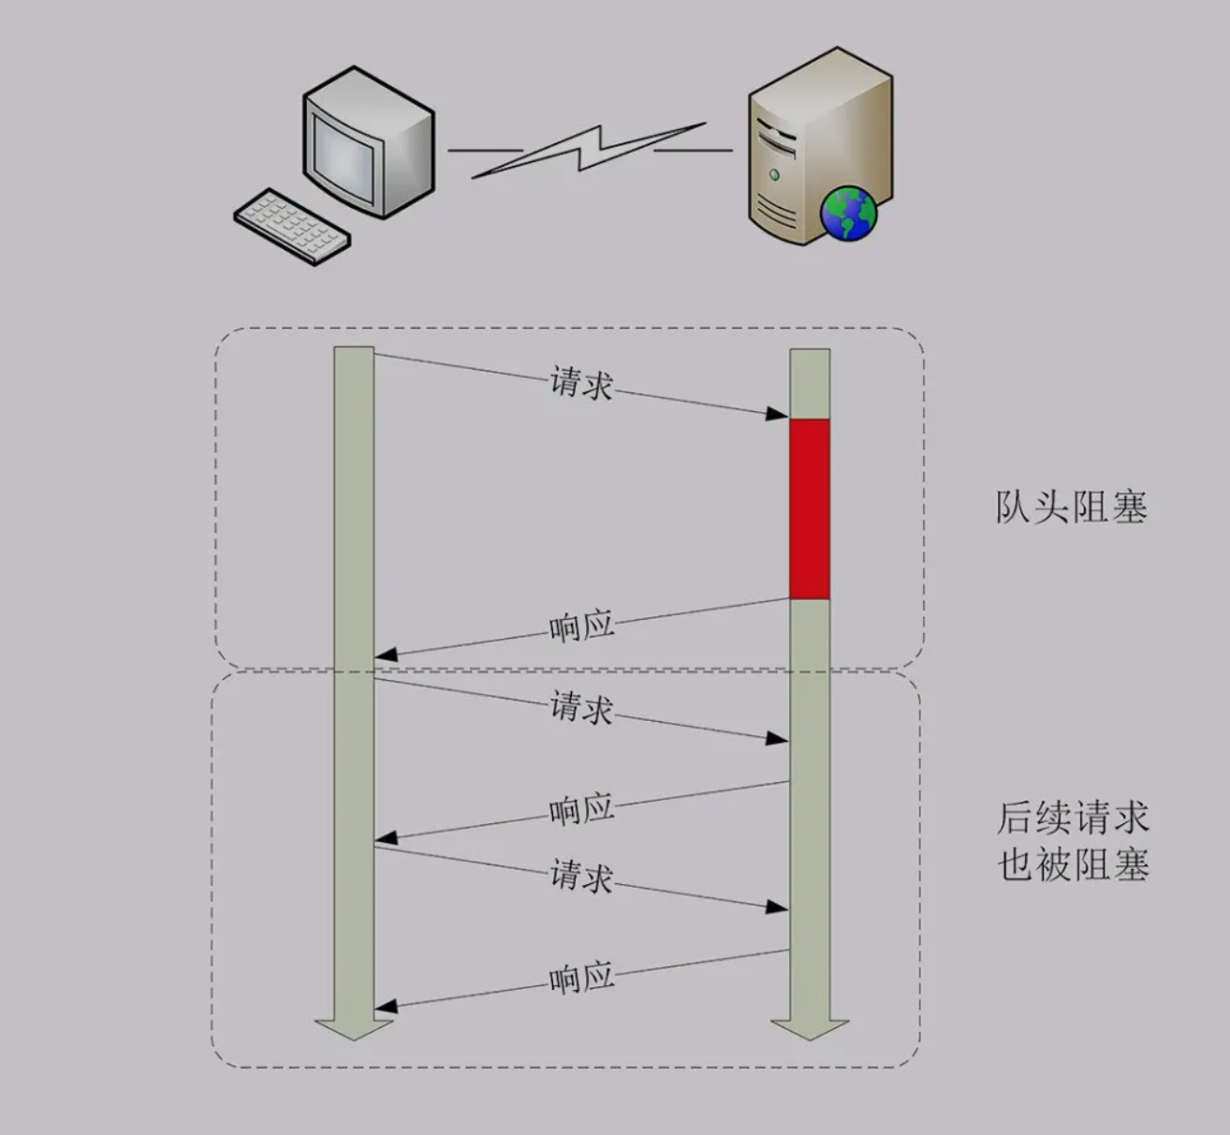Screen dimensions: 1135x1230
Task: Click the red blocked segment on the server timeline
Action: pyautogui.click(x=810, y=509)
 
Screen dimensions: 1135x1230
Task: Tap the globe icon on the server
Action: pyautogui.click(x=849, y=213)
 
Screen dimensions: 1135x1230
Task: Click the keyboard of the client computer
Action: pyautogui.click(x=292, y=225)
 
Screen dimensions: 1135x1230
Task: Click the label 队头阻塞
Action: pyautogui.click(x=1071, y=508)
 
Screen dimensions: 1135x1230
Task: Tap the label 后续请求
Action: pyautogui.click(x=1072, y=818)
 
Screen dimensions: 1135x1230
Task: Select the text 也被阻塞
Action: pyautogui.click(x=1072, y=864)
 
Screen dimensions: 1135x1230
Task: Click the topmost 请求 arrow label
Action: pyautogui.click(x=581, y=382)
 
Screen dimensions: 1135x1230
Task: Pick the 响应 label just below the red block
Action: pyautogui.click(x=581, y=626)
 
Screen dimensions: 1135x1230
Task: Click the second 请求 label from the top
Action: pyautogui.click(x=581, y=707)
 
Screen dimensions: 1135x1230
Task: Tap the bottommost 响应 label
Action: pyautogui.click(x=581, y=979)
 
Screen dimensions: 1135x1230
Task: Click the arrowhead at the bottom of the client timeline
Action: pyautogui.click(x=354, y=1028)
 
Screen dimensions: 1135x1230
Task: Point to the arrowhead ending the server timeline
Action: pyautogui.click(x=810, y=1028)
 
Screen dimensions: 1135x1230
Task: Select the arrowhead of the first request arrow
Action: pyautogui.click(x=778, y=413)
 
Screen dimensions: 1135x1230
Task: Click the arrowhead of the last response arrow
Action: pyautogui.click(x=386, y=1007)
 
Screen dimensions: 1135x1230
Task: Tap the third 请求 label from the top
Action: pyautogui.click(x=581, y=876)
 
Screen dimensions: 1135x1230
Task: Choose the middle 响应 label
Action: pyautogui.click(x=581, y=809)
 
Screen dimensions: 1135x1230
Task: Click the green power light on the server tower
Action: pyautogui.click(x=774, y=175)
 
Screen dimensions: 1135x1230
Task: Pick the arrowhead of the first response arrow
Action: pyautogui.click(x=386, y=655)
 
